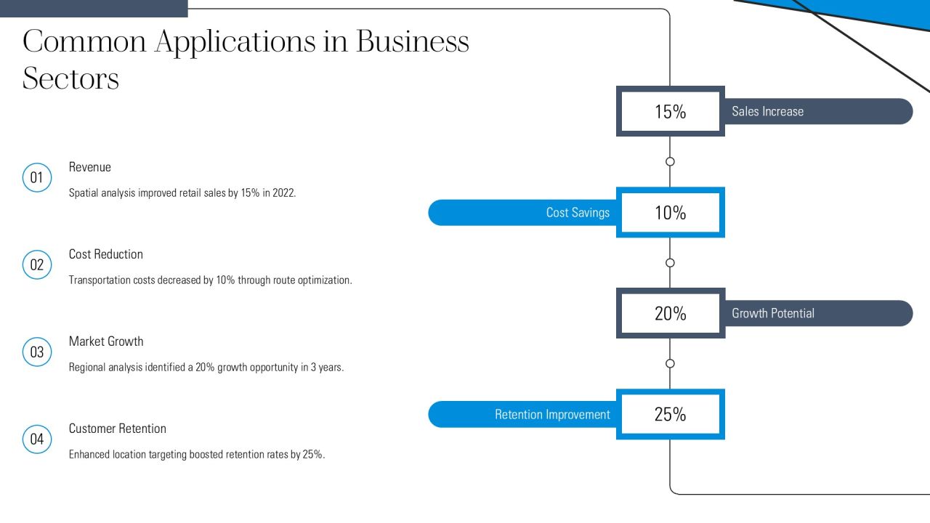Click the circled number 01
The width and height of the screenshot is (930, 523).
(37, 178)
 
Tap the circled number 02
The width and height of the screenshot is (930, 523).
(37, 265)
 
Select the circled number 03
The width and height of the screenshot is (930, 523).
(37, 352)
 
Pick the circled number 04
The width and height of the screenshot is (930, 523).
(37, 439)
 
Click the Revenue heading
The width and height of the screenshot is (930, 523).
(89, 167)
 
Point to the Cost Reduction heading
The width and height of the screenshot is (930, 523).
(106, 254)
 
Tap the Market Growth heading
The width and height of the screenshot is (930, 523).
(106, 341)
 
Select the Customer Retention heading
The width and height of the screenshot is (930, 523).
(118, 429)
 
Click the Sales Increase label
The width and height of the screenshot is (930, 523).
(768, 111)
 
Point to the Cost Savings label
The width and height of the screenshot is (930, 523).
(578, 213)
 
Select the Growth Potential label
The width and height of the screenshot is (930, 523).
(773, 313)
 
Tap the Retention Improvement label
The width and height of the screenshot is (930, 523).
(553, 414)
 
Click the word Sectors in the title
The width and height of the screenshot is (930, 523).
(70, 78)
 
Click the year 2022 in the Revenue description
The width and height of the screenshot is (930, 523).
(283, 193)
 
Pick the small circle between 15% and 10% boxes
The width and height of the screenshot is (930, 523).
(670, 161)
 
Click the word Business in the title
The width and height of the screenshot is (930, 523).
(413, 41)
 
